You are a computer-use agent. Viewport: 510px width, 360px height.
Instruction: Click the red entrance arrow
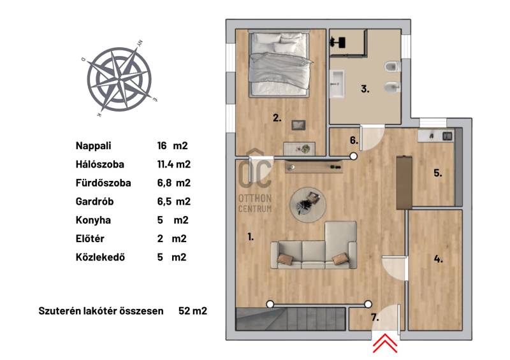(x=385, y=343)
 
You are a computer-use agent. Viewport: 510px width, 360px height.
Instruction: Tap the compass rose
(x=119, y=79)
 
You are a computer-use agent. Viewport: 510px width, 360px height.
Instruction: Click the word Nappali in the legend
(x=93, y=146)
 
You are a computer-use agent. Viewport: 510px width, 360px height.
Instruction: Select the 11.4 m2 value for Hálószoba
(x=173, y=164)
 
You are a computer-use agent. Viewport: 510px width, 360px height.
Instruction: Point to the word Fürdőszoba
(x=103, y=183)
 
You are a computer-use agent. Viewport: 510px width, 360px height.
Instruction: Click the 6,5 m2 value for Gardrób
(x=173, y=201)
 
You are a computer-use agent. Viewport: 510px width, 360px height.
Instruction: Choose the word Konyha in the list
(x=93, y=220)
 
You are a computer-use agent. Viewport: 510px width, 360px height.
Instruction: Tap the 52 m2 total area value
(x=193, y=311)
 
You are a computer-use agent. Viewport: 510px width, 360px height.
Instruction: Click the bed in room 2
(x=279, y=64)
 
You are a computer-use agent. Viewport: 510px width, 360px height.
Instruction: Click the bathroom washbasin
(x=337, y=84)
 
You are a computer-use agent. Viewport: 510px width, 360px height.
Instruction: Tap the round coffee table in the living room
(x=308, y=205)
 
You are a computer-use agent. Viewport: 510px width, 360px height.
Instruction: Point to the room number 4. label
(x=438, y=259)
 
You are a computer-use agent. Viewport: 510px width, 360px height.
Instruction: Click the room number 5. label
(x=438, y=173)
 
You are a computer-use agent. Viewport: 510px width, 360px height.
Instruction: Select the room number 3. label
(x=365, y=89)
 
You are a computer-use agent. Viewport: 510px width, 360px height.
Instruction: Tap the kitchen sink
(x=448, y=135)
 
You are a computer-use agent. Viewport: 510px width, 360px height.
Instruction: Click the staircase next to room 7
(x=290, y=319)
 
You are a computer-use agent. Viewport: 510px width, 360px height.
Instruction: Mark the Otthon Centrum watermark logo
(x=255, y=182)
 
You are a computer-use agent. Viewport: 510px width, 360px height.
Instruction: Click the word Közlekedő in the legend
(x=100, y=257)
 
